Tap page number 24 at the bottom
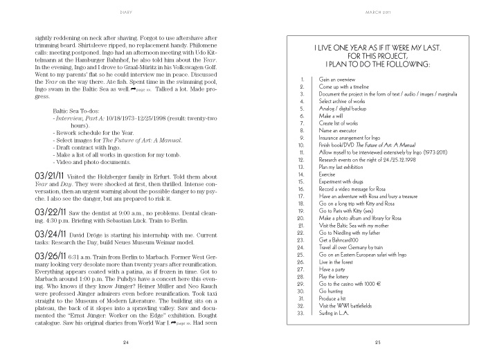(x=126, y=343)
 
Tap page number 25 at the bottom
(x=378, y=343)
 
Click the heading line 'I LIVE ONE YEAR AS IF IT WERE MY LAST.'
(x=378, y=46)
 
